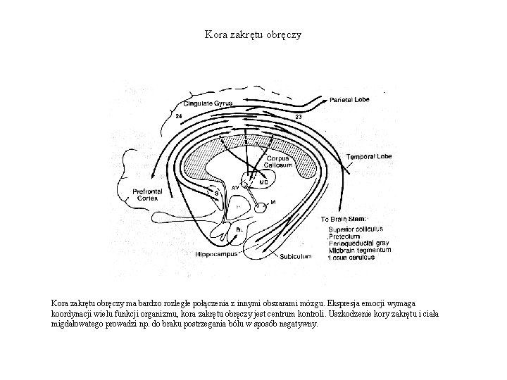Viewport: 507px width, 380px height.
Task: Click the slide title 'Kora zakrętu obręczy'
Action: click(x=253, y=34)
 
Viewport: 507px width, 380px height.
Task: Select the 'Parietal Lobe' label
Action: click(x=349, y=100)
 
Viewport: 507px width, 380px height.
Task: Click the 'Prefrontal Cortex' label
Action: click(x=148, y=194)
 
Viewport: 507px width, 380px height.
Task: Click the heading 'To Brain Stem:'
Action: click(x=343, y=219)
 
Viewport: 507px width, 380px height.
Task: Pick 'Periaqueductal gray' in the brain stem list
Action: click(x=358, y=243)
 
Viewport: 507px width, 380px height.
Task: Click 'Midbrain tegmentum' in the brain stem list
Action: click(x=359, y=251)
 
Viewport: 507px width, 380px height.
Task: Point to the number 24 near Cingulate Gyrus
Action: click(x=180, y=115)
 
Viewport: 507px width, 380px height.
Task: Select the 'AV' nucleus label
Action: click(x=235, y=188)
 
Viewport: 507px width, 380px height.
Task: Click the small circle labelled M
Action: click(x=261, y=207)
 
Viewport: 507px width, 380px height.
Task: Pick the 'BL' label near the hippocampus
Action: click(x=239, y=229)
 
